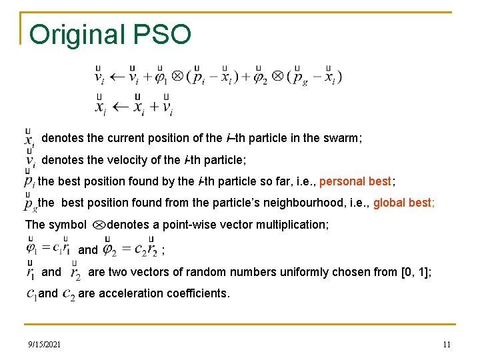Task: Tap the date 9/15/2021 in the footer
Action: [x=45, y=344]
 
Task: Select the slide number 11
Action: [x=447, y=344]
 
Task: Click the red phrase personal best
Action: [x=356, y=181]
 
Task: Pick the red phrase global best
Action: [x=403, y=203]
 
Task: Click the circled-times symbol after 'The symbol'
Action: [x=98, y=225]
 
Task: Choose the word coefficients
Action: [x=198, y=293]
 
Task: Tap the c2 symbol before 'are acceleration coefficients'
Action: [x=68, y=295]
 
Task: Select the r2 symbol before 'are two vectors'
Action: [x=75, y=273]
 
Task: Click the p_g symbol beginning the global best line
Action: [x=30, y=203]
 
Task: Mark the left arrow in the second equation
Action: [x=121, y=107]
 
